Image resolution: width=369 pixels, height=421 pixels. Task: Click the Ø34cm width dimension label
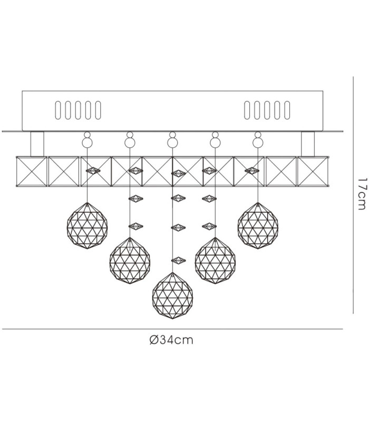(171, 340)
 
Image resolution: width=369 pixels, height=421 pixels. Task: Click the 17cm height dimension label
(361, 194)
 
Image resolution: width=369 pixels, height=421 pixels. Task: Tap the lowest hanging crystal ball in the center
(172, 296)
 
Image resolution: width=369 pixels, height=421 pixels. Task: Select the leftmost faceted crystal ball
(87, 226)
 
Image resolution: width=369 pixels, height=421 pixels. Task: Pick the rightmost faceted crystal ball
(258, 226)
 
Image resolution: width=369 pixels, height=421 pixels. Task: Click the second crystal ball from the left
(130, 260)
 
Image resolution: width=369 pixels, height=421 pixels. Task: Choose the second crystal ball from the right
(215, 260)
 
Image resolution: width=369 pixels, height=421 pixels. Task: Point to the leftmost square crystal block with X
(32, 172)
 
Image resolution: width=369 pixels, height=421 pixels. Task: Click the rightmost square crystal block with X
(313, 172)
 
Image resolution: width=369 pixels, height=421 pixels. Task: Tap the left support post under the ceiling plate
(37, 144)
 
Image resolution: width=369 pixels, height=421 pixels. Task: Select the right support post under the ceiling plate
(308, 144)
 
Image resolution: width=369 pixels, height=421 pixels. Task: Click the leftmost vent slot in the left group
(58, 110)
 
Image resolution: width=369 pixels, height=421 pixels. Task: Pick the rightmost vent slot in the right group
(287, 110)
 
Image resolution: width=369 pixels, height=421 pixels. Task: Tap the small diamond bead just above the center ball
(178, 260)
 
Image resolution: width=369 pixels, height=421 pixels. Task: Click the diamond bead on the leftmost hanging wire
(93, 171)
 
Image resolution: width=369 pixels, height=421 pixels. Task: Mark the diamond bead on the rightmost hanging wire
(252, 171)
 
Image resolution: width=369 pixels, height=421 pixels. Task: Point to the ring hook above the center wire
(172, 140)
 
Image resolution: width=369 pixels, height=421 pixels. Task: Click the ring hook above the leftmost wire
(87, 140)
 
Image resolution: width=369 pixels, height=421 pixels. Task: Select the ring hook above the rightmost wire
(258, 140)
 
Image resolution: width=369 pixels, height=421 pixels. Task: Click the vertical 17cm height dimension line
(353, 195)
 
